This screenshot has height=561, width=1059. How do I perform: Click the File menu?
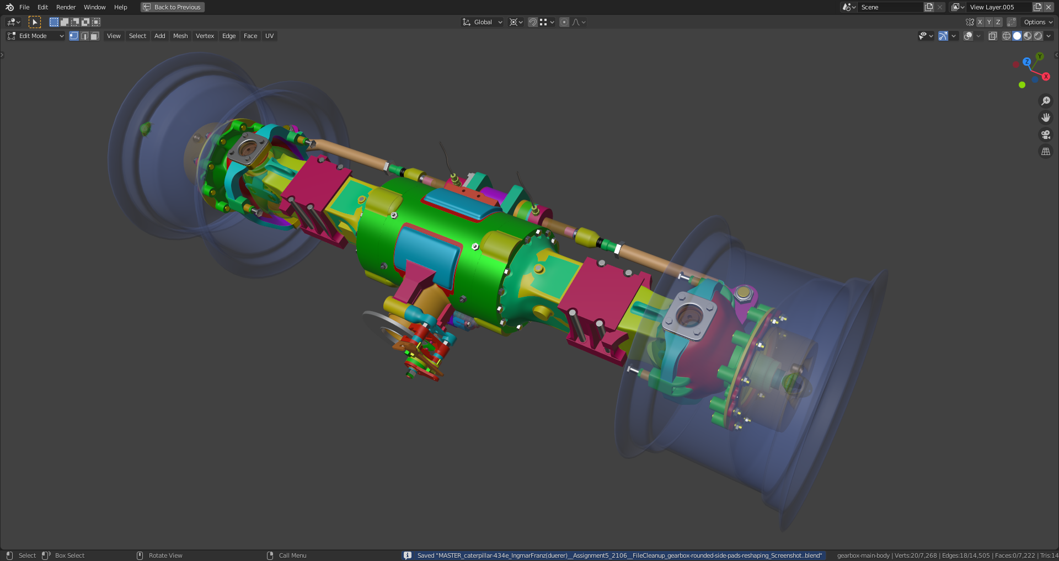pos(24,7)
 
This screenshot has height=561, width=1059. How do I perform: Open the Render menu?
pos(66,7)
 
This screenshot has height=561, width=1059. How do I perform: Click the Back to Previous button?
pos(173,7)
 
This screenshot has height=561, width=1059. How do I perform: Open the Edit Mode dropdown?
pos(35,36)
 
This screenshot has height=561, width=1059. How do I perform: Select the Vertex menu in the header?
pos(205,36)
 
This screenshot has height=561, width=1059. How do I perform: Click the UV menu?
pos(269,36)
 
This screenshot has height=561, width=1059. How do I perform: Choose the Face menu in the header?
pos(250,36)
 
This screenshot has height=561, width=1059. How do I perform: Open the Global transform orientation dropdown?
pos(483,22)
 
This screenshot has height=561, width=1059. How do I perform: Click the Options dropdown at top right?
pos(1038,22)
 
